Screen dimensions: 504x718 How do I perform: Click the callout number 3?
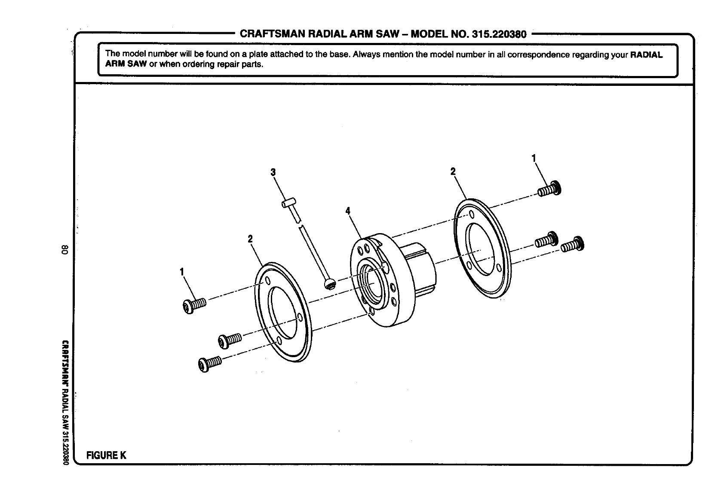point(273,173)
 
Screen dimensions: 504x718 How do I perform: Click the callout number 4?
point(348,211)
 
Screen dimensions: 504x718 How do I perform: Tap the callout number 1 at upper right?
point(534,158)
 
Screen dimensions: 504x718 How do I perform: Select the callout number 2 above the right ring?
point(453,171)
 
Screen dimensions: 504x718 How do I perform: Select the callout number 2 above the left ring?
point(250,239)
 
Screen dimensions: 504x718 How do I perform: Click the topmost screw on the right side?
point(550,188)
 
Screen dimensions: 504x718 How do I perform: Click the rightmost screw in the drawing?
point(573,245)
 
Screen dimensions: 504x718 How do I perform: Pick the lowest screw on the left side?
point(209,363)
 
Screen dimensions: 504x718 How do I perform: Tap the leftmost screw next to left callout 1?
point(194,307)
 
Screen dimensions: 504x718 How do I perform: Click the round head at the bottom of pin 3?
point(329,284)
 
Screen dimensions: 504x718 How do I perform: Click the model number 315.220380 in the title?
point(499,34)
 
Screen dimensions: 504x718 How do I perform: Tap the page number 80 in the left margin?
point(64,250)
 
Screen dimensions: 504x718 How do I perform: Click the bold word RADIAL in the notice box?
point(646,55)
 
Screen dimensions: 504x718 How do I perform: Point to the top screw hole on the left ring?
point(268,281)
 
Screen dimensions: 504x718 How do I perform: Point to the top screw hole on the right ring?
point(472,214)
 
